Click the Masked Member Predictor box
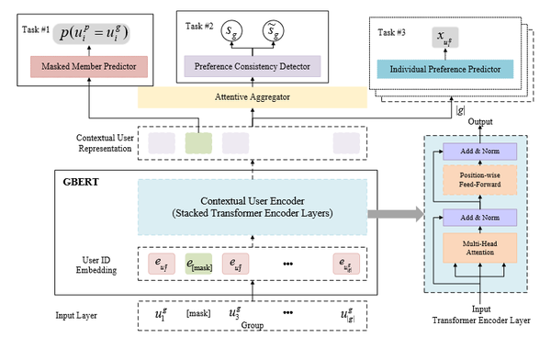90,66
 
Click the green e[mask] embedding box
199,264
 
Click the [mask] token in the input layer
199,314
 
